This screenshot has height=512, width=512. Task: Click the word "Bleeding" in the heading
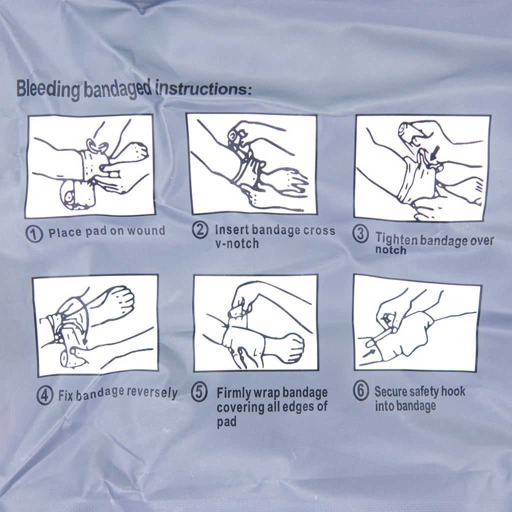[48, 89]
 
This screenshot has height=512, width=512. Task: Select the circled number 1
[34, 233]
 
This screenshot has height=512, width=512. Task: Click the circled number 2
[200, 230]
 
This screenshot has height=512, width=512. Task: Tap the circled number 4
[44, 396]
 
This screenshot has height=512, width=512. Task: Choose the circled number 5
[199, 392]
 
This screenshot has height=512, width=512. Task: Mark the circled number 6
[360, 391]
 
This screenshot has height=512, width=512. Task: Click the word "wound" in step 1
[145, 231]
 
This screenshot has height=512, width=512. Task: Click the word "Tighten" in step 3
[396, 238]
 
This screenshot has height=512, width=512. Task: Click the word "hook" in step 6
[453, 391]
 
